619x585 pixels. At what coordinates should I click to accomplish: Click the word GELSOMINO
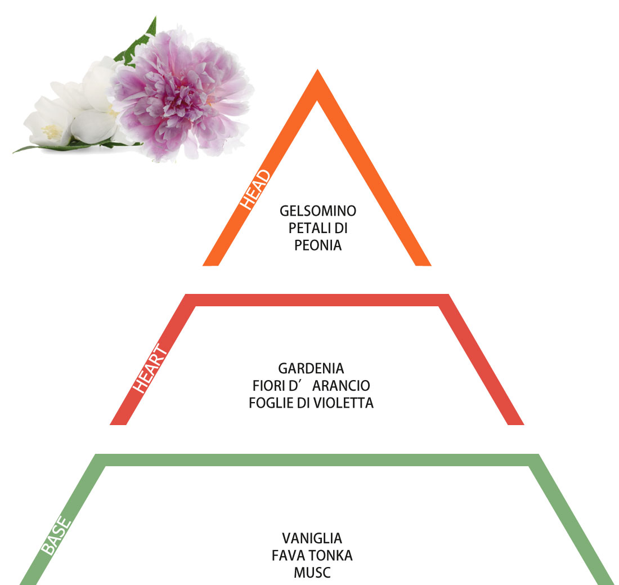(318, 211)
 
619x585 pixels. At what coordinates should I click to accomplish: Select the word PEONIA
(318, 245)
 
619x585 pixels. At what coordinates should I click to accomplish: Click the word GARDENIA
(311, 369)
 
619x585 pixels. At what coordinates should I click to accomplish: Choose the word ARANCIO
(341, 386)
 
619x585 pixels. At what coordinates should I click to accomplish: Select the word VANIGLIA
(312, 538)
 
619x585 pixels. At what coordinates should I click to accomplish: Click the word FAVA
(285, 556)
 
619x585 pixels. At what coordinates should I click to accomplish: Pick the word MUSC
(312, 573)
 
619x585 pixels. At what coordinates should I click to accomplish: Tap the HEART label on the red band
(150, 368)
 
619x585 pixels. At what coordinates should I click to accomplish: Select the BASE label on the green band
(56, 535)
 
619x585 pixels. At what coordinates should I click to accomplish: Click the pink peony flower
(182, 95)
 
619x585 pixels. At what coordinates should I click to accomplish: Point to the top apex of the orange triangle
(317, 70)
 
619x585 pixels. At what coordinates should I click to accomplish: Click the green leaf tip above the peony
(155, 17)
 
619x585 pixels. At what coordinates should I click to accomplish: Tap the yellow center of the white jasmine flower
(52, 132)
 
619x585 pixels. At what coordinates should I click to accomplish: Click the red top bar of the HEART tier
(317, 300)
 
